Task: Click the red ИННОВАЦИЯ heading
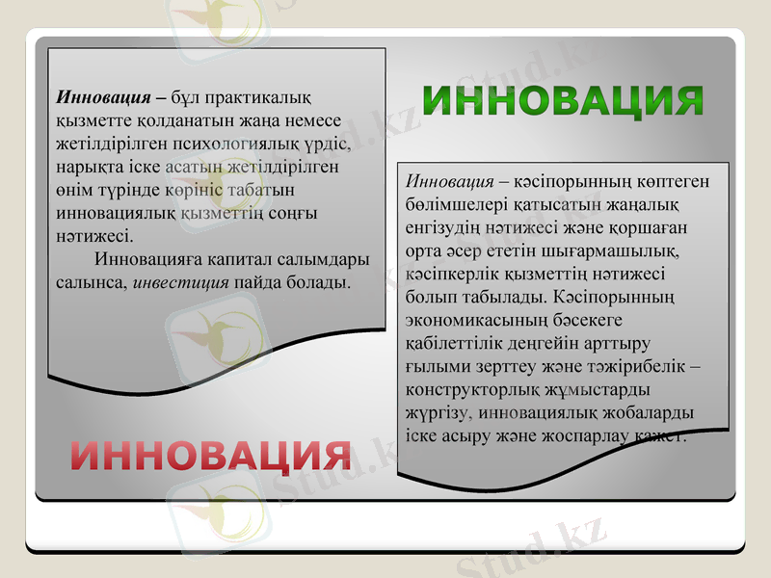pyautogui.click(x=209, y=456)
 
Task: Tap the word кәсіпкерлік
pyautogui.click(x=452, y=275)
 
